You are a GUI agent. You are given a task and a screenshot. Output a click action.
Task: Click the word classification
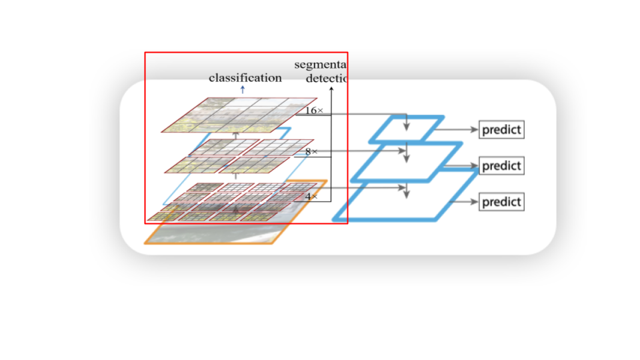(245, 78)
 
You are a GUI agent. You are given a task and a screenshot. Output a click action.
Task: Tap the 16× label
(313, 111)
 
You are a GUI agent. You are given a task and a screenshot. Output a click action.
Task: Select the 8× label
(311, 152)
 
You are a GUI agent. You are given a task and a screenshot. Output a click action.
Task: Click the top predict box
(501, 130)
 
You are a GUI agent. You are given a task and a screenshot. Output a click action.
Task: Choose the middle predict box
(501, 165)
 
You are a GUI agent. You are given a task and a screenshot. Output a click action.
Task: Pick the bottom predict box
(501, 201)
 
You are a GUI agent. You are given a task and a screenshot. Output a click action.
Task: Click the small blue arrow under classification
(242, 89)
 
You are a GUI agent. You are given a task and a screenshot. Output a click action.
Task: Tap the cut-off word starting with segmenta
(321, 65)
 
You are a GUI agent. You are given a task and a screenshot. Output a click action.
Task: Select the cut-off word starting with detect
(327, 78)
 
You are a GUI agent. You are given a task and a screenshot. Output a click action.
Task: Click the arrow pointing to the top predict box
(460, 130)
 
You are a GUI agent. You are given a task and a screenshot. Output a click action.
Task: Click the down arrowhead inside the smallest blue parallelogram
(407, 126)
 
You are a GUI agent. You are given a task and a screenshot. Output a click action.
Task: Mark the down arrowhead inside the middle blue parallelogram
(407, 159)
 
